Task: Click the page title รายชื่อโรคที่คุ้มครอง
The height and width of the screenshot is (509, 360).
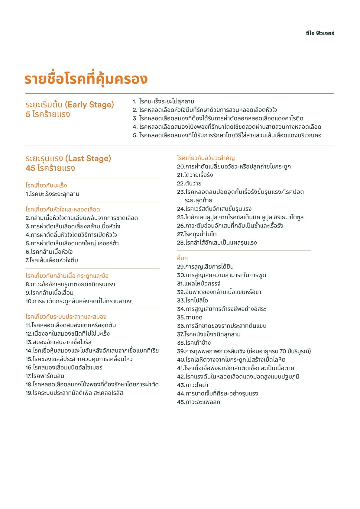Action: pyautogui.click(x=86, y=79)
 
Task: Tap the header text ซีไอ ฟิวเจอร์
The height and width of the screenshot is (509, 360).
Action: pyautogui.click(x=320, y=33)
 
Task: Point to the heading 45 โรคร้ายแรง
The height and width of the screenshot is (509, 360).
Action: pyautogui.click(x=50, y=168)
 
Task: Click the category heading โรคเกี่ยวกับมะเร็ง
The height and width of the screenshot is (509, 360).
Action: pyautogui.click(x=46, y=185)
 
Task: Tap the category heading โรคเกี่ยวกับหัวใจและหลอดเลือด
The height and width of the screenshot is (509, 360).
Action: pyautogui.click(x=63, y=209)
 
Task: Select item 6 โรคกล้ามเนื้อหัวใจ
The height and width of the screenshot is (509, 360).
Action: pyautogui.click(x=49, y=252)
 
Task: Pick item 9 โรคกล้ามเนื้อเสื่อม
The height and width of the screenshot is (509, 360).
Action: pyautogui.click(x=50, y=292)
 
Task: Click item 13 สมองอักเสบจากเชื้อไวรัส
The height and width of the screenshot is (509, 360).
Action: pyautogui.click(x=58, y=342)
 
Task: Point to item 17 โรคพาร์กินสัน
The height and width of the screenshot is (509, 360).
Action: pyautogui.click(x=45, y=376)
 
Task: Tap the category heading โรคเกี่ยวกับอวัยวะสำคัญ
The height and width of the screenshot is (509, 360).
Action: pyautogui.click(x=206, y=158)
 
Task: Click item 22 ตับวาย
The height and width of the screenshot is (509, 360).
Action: pyautogui.click(x=189, y=183)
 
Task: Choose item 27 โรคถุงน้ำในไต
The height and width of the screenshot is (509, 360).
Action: pyautogui.click(x=197, y=234)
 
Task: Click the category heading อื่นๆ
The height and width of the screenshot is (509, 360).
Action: pyautogui.click(x=182, y=258)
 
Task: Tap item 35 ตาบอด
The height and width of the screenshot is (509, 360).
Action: pyautogui.click(x=190, y=317)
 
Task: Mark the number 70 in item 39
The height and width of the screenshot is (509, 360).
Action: pyautogui.click(x=283, y=351)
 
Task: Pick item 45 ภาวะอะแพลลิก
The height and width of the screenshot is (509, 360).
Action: pyautogui.click(x=199, y=402)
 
